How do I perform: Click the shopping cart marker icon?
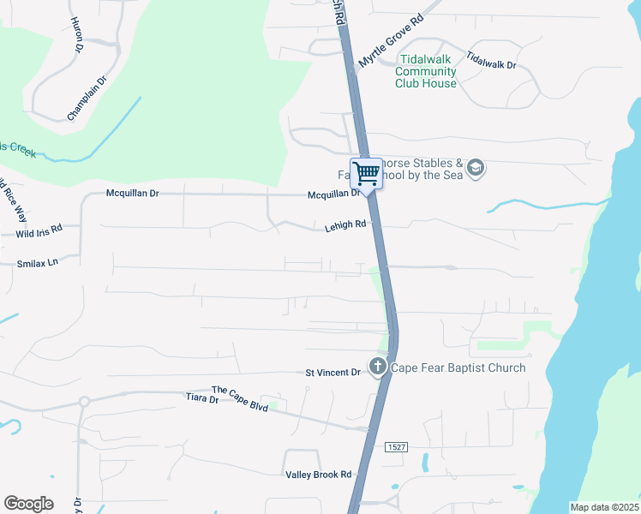point(367,174)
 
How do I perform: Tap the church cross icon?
point(377,368)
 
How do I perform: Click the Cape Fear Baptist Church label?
point(458,368)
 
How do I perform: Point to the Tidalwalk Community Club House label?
point(426,71)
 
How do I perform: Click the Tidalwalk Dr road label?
point(491,59)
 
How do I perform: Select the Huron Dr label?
point(76,35)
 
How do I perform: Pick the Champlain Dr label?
point(87,99)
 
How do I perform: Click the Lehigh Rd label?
point(345,226)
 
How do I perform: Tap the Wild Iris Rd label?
point(39,231)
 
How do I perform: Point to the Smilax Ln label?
point(37,262)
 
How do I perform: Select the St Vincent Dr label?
point(333,373)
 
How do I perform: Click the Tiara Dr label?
point(203,397)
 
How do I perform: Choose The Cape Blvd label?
point(240,400)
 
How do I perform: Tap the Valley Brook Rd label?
point(318,474)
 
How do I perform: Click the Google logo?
point(28,504)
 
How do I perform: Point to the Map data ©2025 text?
point(604,507)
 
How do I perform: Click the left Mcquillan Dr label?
point(132,194)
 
